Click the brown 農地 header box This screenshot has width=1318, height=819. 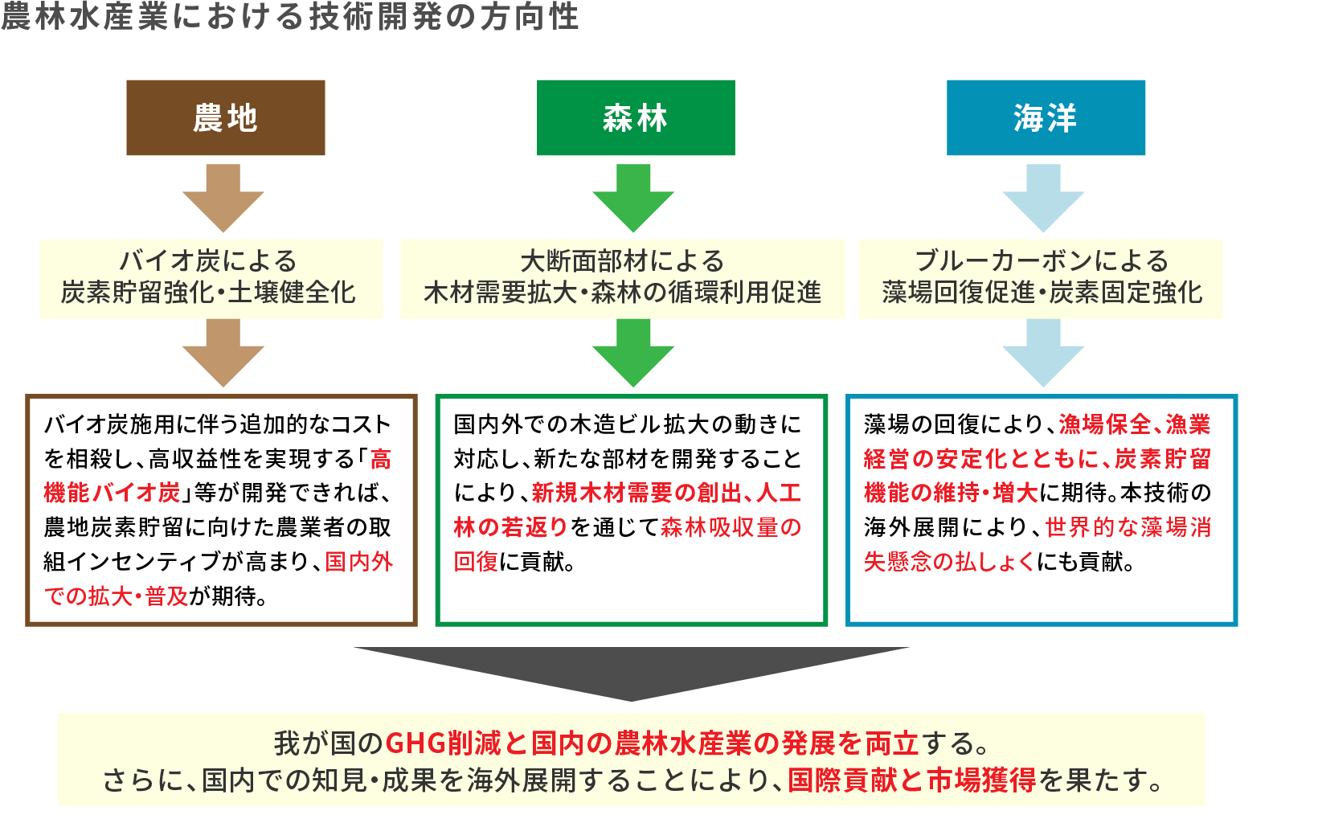(x=225, y=117)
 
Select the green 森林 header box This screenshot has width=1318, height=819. (x=635, y=117)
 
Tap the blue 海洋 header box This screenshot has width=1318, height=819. (x=1046, y=117)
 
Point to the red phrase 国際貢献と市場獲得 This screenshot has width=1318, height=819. (x=911, y=780)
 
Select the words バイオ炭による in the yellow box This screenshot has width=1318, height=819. (x=208, y=260)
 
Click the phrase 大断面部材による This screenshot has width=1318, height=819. (x=622, y=260)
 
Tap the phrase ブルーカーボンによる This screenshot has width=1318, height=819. (x=1042, y=260)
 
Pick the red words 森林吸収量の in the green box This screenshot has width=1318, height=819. (x=731, y=527)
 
